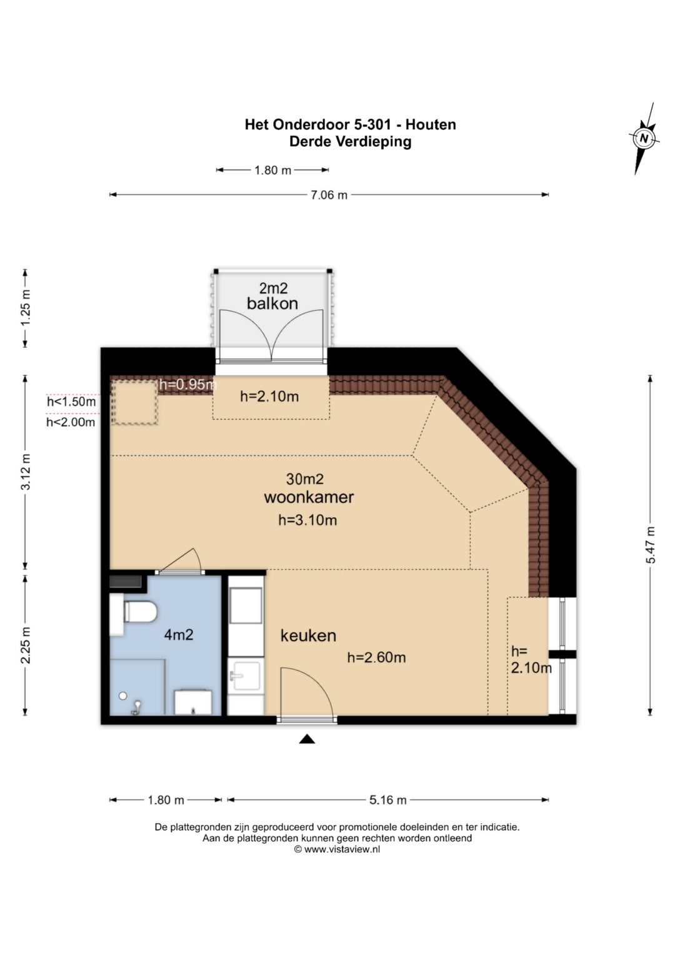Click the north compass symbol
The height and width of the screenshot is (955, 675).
pyautogui.click(x=644, y=138)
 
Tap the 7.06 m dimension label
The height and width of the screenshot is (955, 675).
pyautogui.click(x=327, y=195)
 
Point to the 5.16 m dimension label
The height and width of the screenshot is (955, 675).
pyautogui.click(x=387, y=800)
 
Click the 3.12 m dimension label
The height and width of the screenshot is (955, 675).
pyautogui.click(x=26, y=472)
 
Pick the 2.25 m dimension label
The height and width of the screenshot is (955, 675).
pyautogui.click(x=26, y=645)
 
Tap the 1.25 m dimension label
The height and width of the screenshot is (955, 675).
pyautogui.click(x=26, y=308)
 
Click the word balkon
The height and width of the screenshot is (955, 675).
pyautogui.click(x=272, y=303)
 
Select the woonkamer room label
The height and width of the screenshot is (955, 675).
pyautogui.click(x=309, y=497)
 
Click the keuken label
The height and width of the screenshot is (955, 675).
pyautogui.click(x=308, y=635)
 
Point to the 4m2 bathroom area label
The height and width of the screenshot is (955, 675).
pyautogui.click(x=179, y=635)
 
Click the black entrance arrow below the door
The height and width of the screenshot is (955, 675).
pyautogui.click(x=307, y=739)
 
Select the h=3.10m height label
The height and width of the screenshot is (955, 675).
pyautogui.click(x=307, y=520)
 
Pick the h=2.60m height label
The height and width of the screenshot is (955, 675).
pyautogui.click(x=376, y=657)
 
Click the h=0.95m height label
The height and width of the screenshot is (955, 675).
pyautogui.click(x=188, y=385)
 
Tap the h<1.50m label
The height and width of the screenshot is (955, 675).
pyautogui.click(x=71, y=402)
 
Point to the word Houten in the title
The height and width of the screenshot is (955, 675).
pyautogui.click(x=431, y=124)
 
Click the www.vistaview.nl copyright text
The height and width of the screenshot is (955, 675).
pyautogui.click(x=337, y=849)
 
